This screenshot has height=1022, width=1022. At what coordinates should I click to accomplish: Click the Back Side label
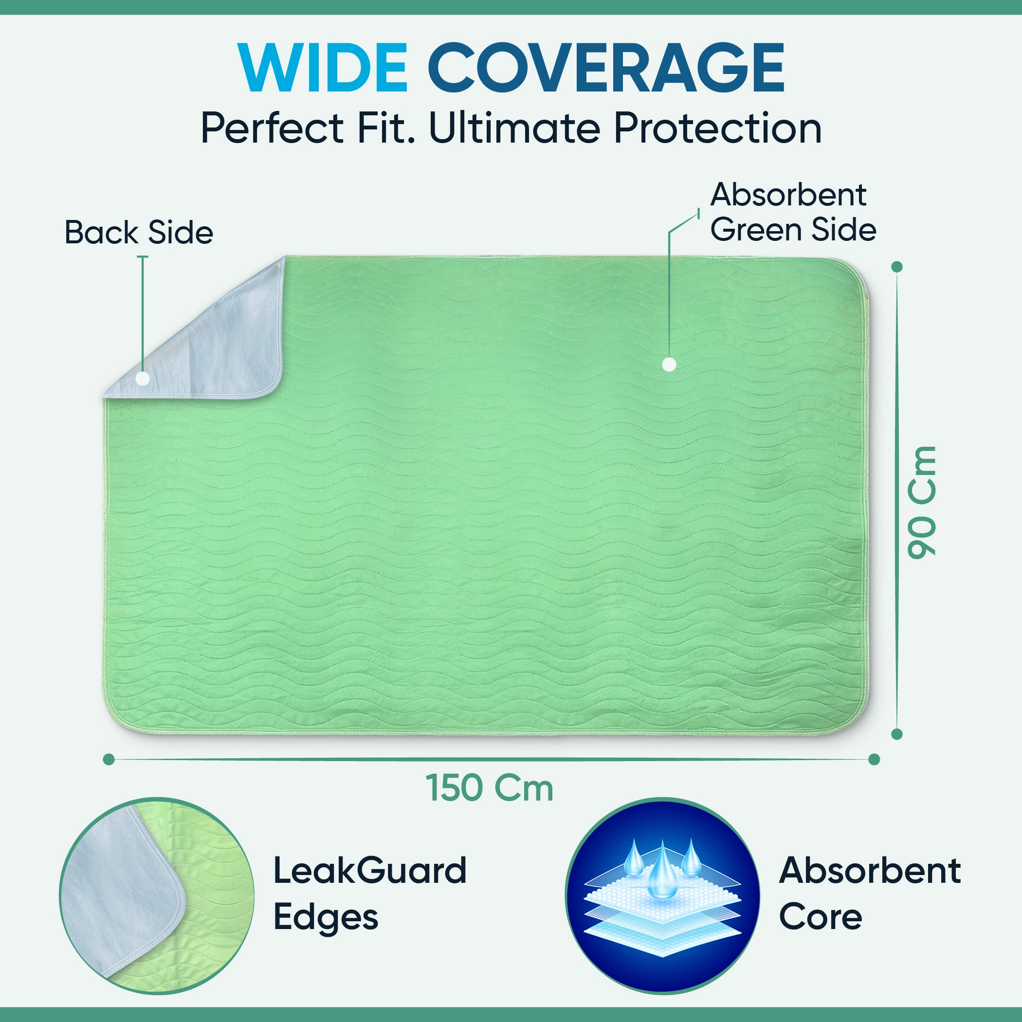pyautogui.click(x=139, y=232)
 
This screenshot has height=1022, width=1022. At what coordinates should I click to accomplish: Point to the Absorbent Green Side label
pyautogui.click(x=793, y=212)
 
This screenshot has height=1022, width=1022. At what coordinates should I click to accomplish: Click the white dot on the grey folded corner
pyautogui.click(x=142, y=378)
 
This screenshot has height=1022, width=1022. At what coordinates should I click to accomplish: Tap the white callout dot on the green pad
pyautogui.click(x=669, y=364)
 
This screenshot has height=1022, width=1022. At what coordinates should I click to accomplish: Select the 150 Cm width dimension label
pyautogui.click(x=489, y=788)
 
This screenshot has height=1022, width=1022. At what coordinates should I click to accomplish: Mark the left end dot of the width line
pyautogui.click(x=109, y=760)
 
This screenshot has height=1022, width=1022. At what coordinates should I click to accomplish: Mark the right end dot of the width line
pyautogui.click(x=874, y=760)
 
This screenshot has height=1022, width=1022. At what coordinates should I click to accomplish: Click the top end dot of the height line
pyautogui.click(x=896, y=267)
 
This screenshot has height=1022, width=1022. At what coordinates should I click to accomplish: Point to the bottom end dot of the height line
pyautogui.click(x=896, y=734)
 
